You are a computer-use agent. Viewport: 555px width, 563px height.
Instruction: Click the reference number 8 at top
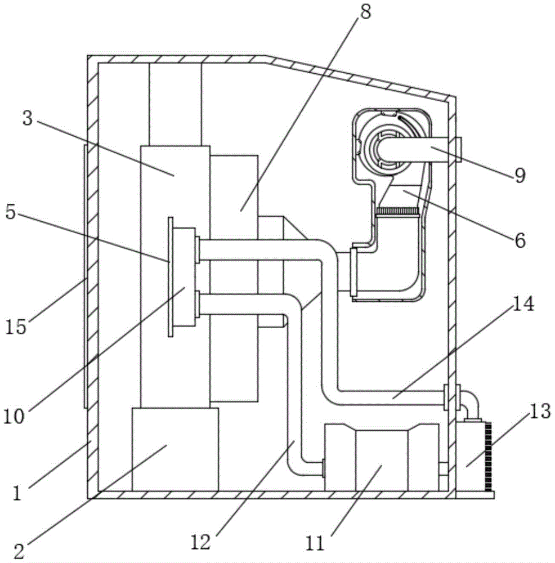coord(365,12)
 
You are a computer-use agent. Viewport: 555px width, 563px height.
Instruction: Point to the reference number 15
coord(17,327)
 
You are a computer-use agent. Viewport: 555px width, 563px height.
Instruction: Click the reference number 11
coord(315,543)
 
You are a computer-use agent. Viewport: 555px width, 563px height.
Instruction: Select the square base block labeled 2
coord(175,449)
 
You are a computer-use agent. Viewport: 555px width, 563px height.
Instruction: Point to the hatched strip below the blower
coord(397,212)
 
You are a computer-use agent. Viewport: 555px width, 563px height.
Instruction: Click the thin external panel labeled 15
coord(84,276)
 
